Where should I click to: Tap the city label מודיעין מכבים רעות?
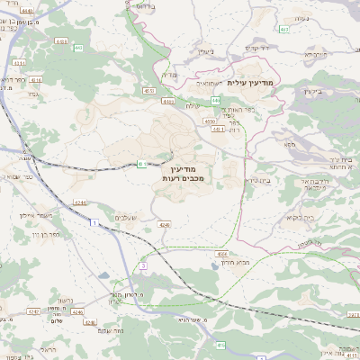coord(187,173)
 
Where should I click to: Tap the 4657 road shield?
coord(148,90)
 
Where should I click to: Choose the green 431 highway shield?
coord(142,163)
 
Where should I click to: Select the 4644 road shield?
coord(221,254)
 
